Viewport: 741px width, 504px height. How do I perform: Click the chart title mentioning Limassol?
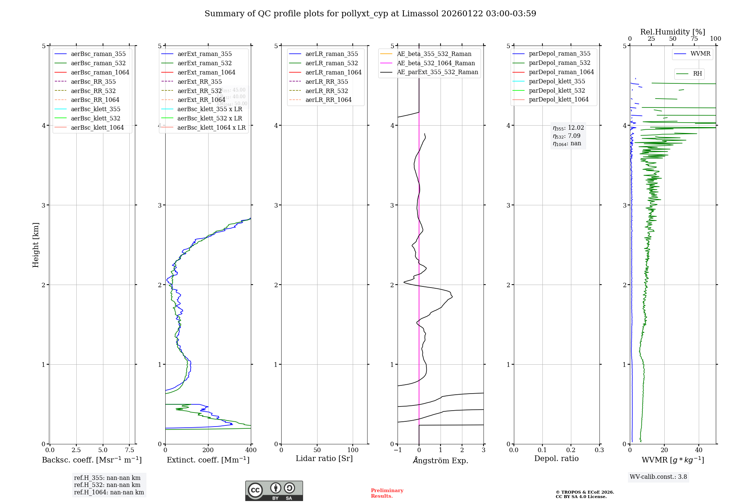click(x=370, y=14)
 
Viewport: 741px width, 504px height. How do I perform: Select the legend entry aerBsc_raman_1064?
click(x=100, y=72)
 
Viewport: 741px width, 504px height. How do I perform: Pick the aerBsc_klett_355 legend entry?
click(x=96, y=109)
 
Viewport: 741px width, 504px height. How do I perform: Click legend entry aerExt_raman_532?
click(x=205, y=63)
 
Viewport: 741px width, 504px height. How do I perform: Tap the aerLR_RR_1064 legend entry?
click(x=328, y=100)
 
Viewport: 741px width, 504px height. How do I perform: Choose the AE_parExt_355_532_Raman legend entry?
click(x=437, y=72)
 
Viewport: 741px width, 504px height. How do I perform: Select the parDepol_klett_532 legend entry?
click(x=557, y=90)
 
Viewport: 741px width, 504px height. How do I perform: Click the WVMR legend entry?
click(x=700, y=54)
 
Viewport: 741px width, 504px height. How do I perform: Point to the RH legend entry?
click(x=697, y=74)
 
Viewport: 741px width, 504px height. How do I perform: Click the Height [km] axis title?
click(x=36, y=245)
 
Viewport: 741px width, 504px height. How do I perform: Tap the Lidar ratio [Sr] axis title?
click(x=324, y=458)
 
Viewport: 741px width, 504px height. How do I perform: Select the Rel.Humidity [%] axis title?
click(x=672, y=32)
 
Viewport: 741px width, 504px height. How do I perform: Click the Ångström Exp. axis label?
click(x=441, y=460)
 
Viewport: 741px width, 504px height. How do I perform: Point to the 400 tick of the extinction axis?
click(x=251, y=450)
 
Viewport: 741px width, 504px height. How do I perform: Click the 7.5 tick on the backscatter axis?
click(x=129, y=450)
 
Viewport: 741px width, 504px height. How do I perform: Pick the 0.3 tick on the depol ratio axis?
click(x=599, y=450)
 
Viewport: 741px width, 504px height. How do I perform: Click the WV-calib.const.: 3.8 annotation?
click(x=658, y=477)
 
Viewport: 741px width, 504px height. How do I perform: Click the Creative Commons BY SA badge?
click(x=274, y=491)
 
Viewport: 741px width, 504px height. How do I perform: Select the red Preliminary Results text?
click(x=387, y=493)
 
